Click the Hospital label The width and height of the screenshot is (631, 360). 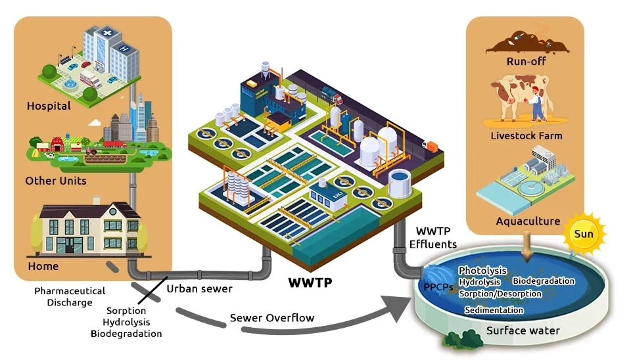point(49,106)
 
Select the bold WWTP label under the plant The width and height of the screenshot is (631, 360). point(310,283)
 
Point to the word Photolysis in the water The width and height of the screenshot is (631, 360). point(482,271)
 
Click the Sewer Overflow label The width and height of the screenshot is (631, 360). point(272,318)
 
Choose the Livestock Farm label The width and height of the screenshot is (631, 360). point(526,136)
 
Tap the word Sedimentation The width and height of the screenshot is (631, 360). point(494,310)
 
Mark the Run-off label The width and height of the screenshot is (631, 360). point(526,62)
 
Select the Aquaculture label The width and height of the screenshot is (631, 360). point(528,221)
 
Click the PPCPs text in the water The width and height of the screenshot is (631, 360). point(438,287)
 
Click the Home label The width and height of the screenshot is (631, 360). point(43,266)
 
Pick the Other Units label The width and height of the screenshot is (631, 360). point(56,181)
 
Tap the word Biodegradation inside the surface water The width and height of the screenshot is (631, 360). point(544,281)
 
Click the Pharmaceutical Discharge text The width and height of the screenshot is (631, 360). point(70,296)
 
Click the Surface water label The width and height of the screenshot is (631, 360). point(523,330)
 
